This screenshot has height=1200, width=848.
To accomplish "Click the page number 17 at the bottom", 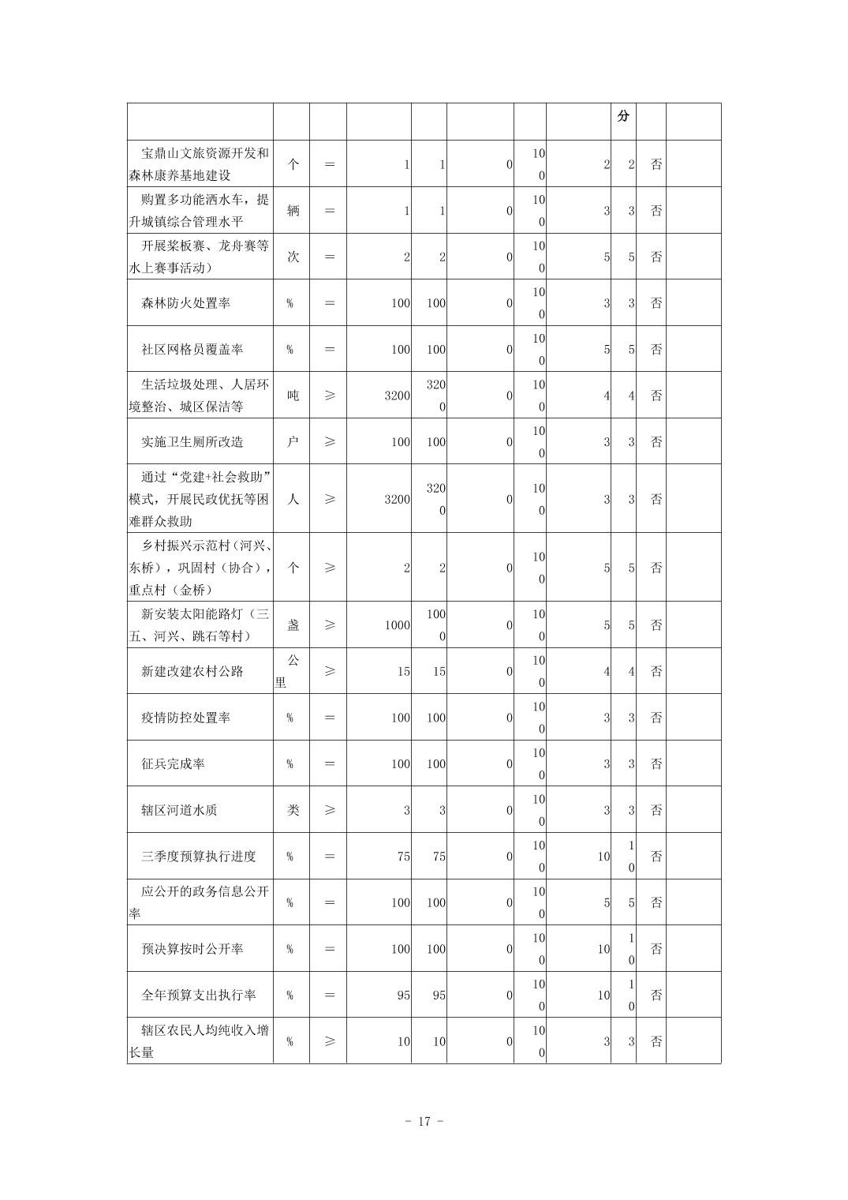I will coord(424,1121).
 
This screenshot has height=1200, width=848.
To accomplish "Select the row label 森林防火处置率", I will coord(185,303).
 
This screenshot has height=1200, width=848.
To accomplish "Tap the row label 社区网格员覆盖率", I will coord(192,349).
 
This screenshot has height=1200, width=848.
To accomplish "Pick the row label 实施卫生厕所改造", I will coord(192,441).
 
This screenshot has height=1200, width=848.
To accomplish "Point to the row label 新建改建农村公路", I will coord(192,671).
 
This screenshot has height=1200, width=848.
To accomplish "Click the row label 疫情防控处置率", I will coord(185,718).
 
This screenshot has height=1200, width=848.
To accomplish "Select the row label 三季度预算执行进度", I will coord(198,856).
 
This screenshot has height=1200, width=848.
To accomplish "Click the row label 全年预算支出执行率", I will coord(198,995).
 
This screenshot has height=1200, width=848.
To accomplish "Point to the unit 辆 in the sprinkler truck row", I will coord(293,211).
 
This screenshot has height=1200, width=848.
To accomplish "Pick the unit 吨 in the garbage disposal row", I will coord(293,396).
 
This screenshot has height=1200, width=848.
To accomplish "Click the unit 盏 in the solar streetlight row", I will coord(293,625).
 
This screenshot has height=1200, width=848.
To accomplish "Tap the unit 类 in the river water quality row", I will coord(293,810).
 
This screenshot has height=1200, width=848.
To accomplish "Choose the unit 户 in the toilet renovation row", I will coord(293,441).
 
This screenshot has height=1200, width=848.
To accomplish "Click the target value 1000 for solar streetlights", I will coord(397,625).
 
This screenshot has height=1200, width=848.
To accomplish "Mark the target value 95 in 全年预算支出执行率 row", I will coord(403,995).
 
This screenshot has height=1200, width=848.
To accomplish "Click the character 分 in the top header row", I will coord(623,116).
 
